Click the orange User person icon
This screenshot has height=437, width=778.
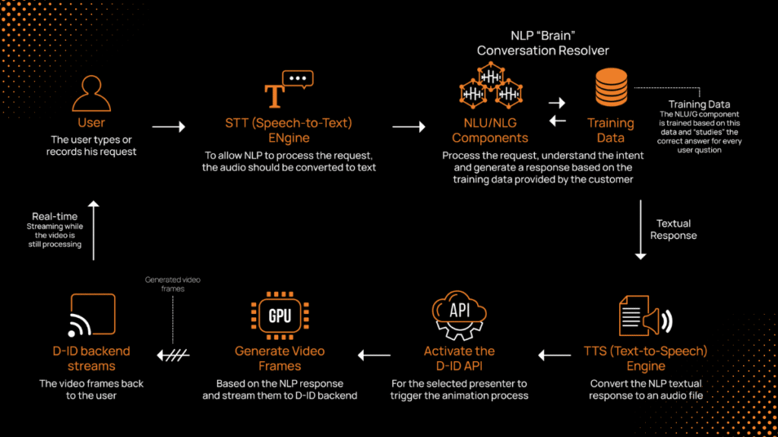coord(91,94)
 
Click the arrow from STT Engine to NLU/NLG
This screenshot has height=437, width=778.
coord(408,127)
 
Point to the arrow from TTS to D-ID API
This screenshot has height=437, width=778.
coord(555,355)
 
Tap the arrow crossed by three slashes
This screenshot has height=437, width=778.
coord(173,354)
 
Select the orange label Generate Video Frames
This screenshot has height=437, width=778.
coord(280,358)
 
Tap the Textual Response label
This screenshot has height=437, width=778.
coord(674,229)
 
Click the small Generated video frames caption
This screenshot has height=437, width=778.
coord(173,285)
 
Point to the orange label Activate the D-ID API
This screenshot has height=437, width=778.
coord(459,358)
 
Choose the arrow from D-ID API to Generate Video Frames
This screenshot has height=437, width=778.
coord(375,355)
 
